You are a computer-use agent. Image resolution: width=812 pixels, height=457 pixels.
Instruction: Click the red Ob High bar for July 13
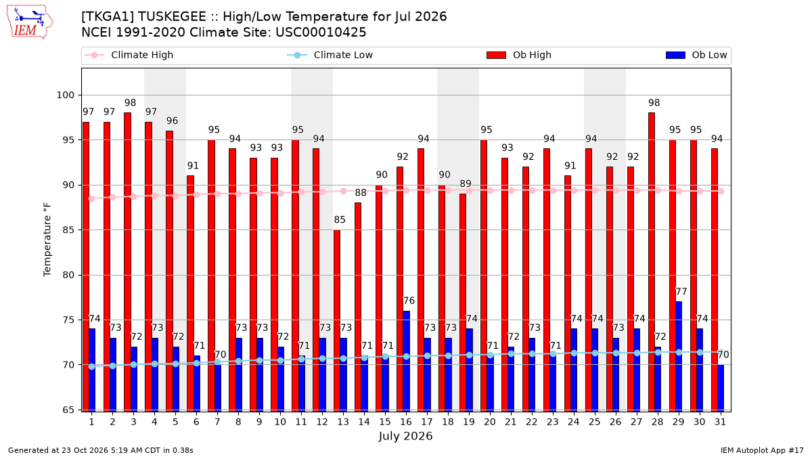pos(337,321)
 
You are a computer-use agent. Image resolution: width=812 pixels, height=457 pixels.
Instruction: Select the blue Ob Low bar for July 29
pos(679,357)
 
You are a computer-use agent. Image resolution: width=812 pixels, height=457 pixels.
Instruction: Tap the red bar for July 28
pos(652,262)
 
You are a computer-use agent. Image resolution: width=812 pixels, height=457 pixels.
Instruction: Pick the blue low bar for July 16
pos(407,362)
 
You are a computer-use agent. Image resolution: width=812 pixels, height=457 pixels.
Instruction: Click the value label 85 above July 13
pos(340,220)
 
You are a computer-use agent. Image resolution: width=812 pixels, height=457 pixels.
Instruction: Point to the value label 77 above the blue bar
pos(681,292)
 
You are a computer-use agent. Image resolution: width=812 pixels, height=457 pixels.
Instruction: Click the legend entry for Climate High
pos(129,55)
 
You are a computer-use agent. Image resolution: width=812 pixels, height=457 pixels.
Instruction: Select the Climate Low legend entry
pos(330,55)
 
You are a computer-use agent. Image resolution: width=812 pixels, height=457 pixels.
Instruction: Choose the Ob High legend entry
pos(519,55)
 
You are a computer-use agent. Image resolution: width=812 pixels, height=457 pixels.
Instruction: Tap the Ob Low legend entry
pos(696,55)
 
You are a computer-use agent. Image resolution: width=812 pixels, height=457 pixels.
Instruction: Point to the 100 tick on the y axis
pos(65,95)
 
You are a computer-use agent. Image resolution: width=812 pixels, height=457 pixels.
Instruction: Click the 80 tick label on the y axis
pos(68,275)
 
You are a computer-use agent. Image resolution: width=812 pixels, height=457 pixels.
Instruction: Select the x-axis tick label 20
pos(490,422)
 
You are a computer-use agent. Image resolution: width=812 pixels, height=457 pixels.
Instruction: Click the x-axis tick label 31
pos(720,422)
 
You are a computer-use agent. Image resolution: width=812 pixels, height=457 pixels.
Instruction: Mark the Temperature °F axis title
pos(47,240)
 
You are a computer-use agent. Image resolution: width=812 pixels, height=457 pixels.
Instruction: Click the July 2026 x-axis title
pos(405,436)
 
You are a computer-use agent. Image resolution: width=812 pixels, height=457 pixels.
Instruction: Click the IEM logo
pos(29,22)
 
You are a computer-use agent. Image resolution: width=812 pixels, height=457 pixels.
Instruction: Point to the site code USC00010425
pos(321,32)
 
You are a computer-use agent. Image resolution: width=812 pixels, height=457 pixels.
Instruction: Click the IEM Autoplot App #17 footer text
pos(762,450)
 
